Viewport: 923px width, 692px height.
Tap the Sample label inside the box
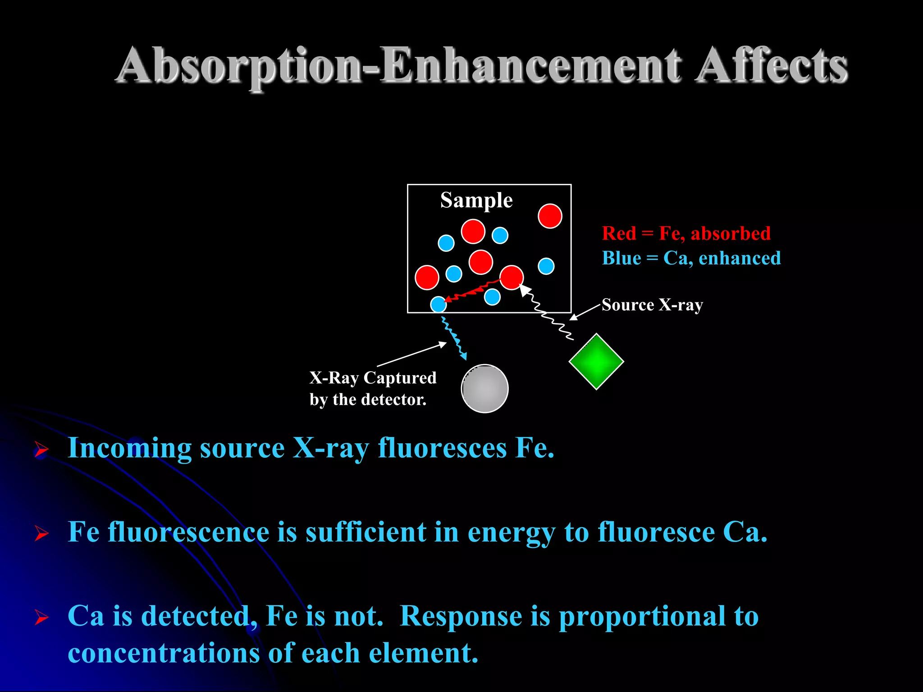tap(476, 200)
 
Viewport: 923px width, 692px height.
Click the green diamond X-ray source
tap(596, 361)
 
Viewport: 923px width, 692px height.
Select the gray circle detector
tap(485, 388)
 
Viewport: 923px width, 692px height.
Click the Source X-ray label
tap(652, 305)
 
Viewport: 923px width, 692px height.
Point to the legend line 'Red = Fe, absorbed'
tap(686, 233)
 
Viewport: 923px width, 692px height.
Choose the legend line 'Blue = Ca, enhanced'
tap(691, 258)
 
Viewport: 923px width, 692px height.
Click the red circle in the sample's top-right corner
tap(550, 216)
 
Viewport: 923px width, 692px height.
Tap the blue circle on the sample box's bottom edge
tap(439, 305)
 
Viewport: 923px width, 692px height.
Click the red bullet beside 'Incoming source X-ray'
tap(41, 450)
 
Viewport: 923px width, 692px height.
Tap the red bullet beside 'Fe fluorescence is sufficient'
tap(41, 534)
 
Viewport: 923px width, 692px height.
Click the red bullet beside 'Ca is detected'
tap(41, 617)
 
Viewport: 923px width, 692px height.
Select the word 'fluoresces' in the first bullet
tap(442, 448)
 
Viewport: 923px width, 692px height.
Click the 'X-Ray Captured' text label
tap(373, 378)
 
